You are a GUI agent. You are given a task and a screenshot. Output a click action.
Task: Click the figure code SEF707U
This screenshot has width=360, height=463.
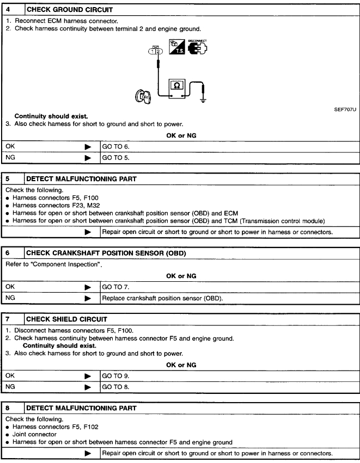point(345,109)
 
